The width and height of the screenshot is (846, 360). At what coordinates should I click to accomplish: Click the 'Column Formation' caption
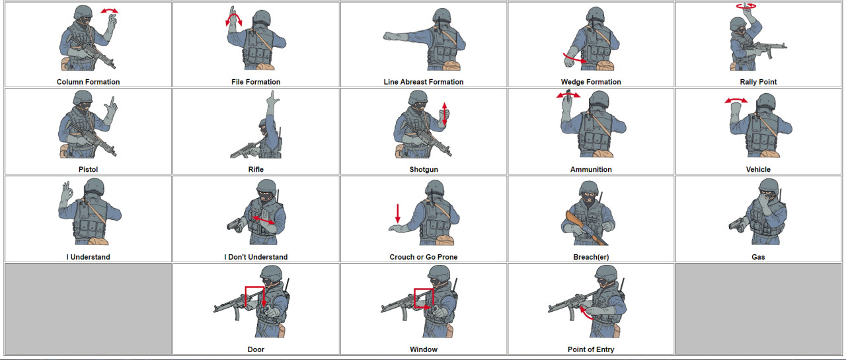tap(88, 82)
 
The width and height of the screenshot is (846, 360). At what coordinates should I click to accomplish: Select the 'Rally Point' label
tap(758, 82)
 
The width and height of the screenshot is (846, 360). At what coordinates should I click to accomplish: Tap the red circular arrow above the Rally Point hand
tap(746, 6)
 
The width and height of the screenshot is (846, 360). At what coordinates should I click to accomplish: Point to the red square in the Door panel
tap(254, 297)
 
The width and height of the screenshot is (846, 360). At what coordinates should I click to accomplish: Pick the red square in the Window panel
tap(422, 299)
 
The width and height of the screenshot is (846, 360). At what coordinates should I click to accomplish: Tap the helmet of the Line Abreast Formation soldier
tap(441, 17)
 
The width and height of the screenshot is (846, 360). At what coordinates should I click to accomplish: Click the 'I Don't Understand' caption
tap(256, 257)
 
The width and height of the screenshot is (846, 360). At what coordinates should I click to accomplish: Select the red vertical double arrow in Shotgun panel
tap(445, 114)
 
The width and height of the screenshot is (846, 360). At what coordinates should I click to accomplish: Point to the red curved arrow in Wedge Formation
tap(575, 59)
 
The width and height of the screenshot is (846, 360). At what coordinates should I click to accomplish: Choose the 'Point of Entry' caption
tap(591, 349)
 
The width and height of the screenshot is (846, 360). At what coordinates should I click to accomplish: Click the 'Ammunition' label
tap(591, 170)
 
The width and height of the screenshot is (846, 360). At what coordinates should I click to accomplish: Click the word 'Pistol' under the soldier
tap(88, 170)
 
